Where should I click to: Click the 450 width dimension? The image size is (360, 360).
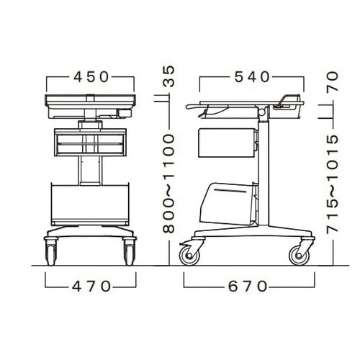91,77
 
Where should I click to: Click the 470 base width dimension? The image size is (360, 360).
91,287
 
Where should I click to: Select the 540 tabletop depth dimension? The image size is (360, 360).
252,77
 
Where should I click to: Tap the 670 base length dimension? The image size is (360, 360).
248,287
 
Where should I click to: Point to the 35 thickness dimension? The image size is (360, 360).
168,76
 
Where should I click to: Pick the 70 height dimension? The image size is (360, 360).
332,82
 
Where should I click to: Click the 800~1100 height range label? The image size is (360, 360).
168,184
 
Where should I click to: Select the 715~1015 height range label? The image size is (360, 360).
332,184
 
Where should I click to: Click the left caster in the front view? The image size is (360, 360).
51,252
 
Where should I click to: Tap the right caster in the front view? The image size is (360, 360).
130,252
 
